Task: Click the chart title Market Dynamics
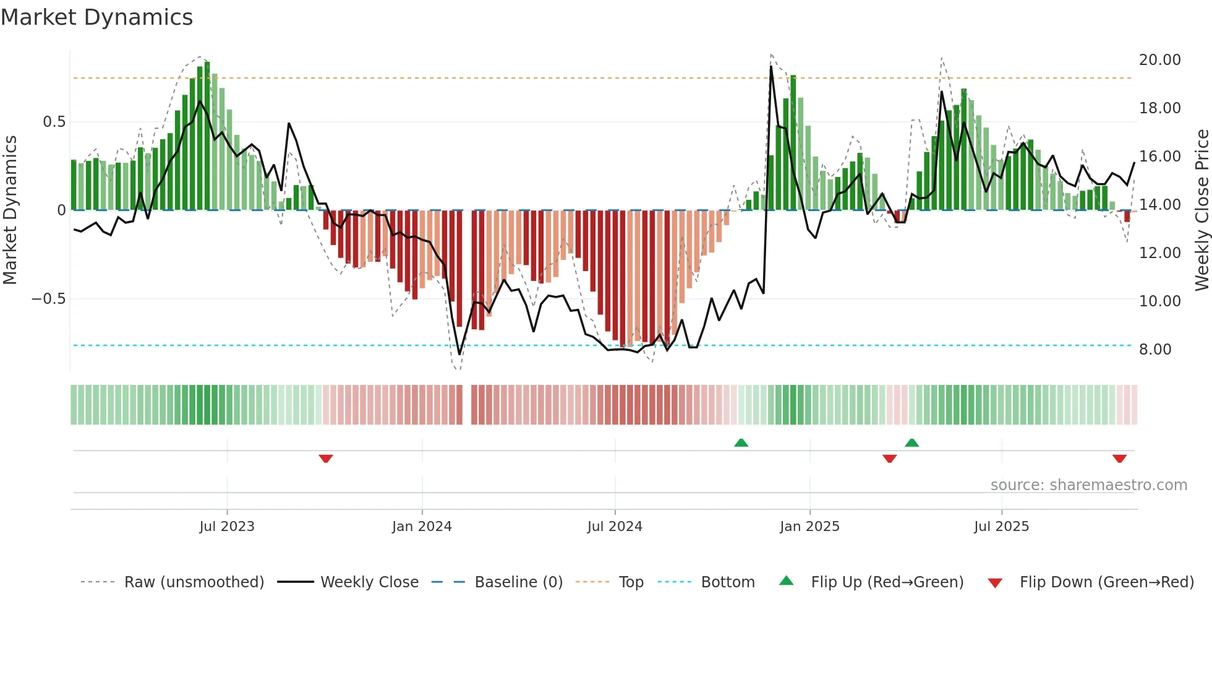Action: click(x=96, y=17)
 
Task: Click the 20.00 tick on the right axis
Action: click(x=1159, y=60)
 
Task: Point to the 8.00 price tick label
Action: click(x=1154, y=350)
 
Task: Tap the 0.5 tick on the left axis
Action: click(x=54, y=122)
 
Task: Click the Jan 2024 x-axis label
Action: click(x=422, y=527)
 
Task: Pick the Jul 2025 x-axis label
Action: click(x=1001, y=527)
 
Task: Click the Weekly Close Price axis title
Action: click(x=1201, y=210)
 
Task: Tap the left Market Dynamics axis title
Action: click(x=10, y=210)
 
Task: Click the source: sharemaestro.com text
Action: click(x=1088, y=485)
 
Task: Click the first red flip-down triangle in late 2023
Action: click(x=326, y=459)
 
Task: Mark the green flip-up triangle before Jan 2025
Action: click(x=741, y=442)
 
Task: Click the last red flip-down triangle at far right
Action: click(x=1119, y=459)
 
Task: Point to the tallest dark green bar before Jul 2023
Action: click(x=207, y=136)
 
